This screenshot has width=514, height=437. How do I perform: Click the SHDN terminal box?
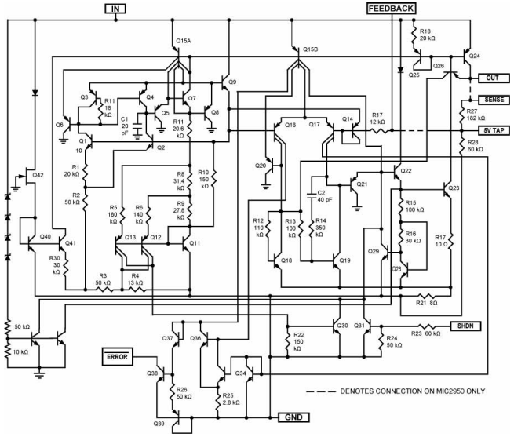click(x=465, y=326)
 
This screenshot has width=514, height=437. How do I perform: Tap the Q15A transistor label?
click(x=182, y=40)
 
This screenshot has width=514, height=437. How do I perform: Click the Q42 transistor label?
click(x=37, y=174)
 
